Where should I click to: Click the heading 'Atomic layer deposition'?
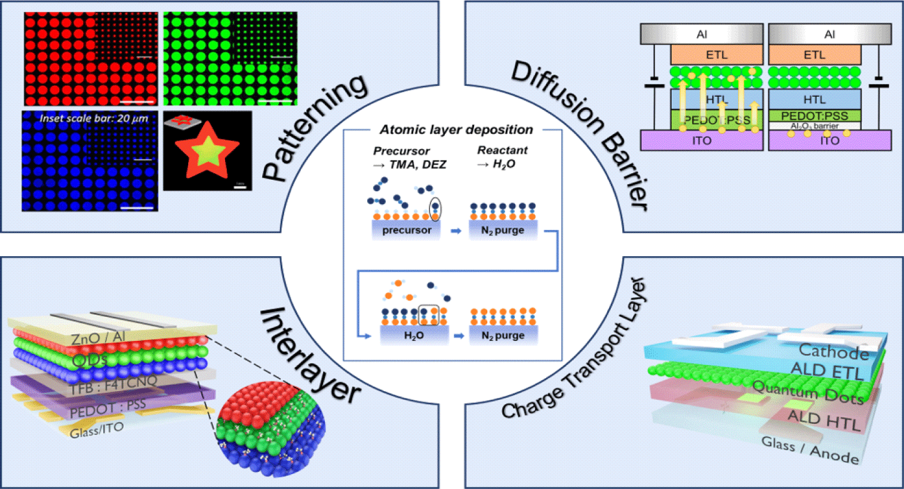click(456, 130)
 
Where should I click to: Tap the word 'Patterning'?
click(315, 128)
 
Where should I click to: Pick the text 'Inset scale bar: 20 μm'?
click(94, 118)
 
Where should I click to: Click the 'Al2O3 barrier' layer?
click(814, 126)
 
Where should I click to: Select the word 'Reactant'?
click(502, 150)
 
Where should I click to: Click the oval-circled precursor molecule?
click(436, 209)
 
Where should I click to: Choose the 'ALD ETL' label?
click(827, 371)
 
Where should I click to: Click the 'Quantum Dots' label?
click(808, 393)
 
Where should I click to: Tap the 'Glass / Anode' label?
click(810, 450)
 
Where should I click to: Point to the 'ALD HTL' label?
click(824, 419)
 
